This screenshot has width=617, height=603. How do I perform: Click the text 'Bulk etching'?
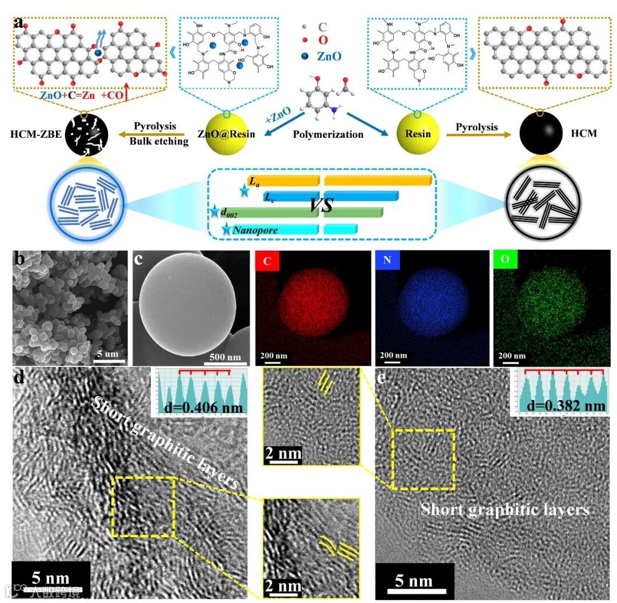pos(161,141)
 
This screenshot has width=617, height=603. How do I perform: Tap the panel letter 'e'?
pos(382,377)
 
